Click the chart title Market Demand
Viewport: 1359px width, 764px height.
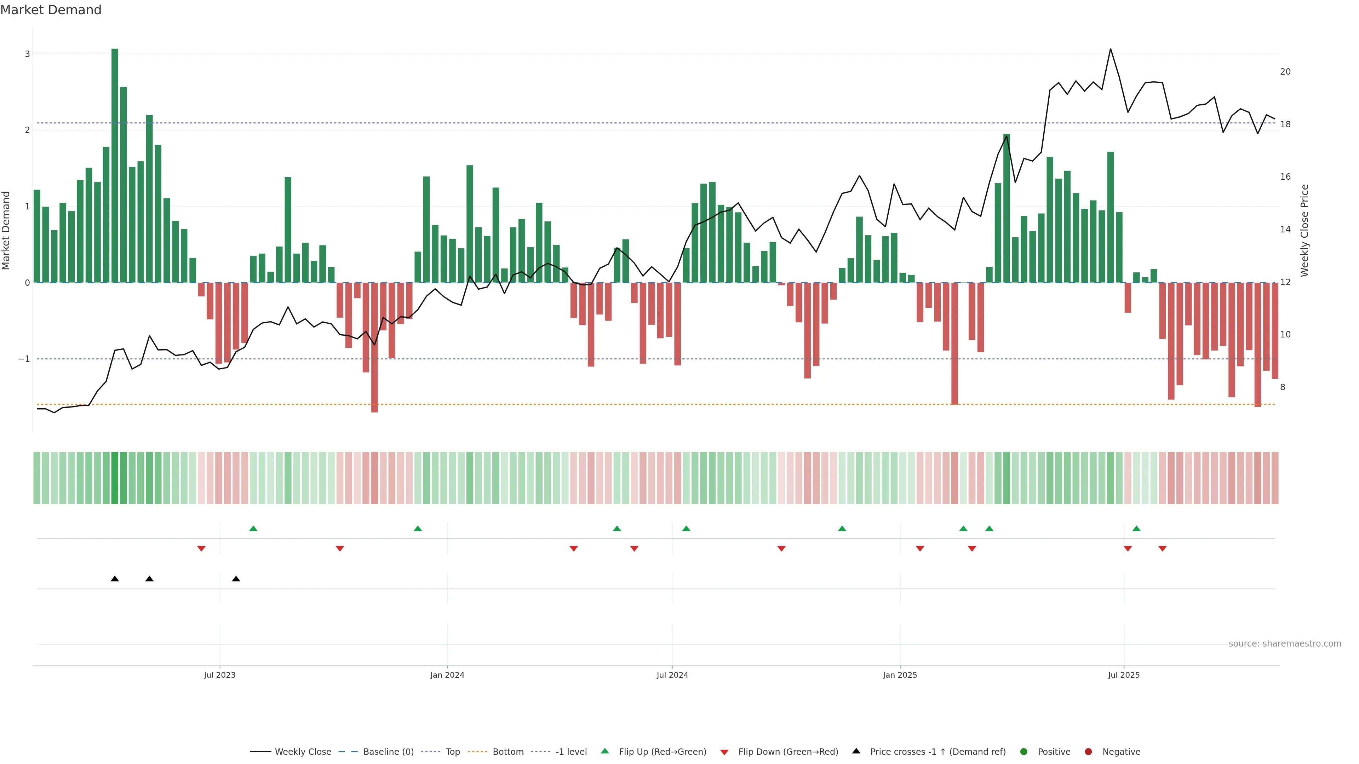pos(51,10)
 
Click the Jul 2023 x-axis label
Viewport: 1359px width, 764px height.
pos(219,675)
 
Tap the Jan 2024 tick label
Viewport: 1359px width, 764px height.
pos(447,675)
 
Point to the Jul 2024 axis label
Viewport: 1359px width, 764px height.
pos(672,675)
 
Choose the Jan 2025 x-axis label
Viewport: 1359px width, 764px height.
pos(900,675)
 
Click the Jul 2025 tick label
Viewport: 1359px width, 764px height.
pos(1124,675)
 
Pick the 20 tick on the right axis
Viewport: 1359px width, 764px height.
pos(1285,72)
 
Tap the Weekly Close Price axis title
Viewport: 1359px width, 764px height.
pos(1304,230)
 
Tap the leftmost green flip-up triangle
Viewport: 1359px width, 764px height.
pos(253,528)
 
